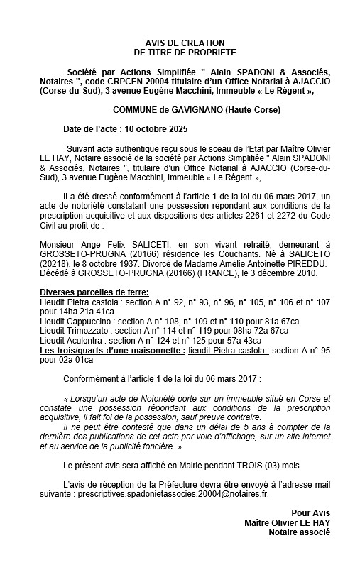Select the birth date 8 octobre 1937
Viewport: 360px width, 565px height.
pos(104,260)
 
